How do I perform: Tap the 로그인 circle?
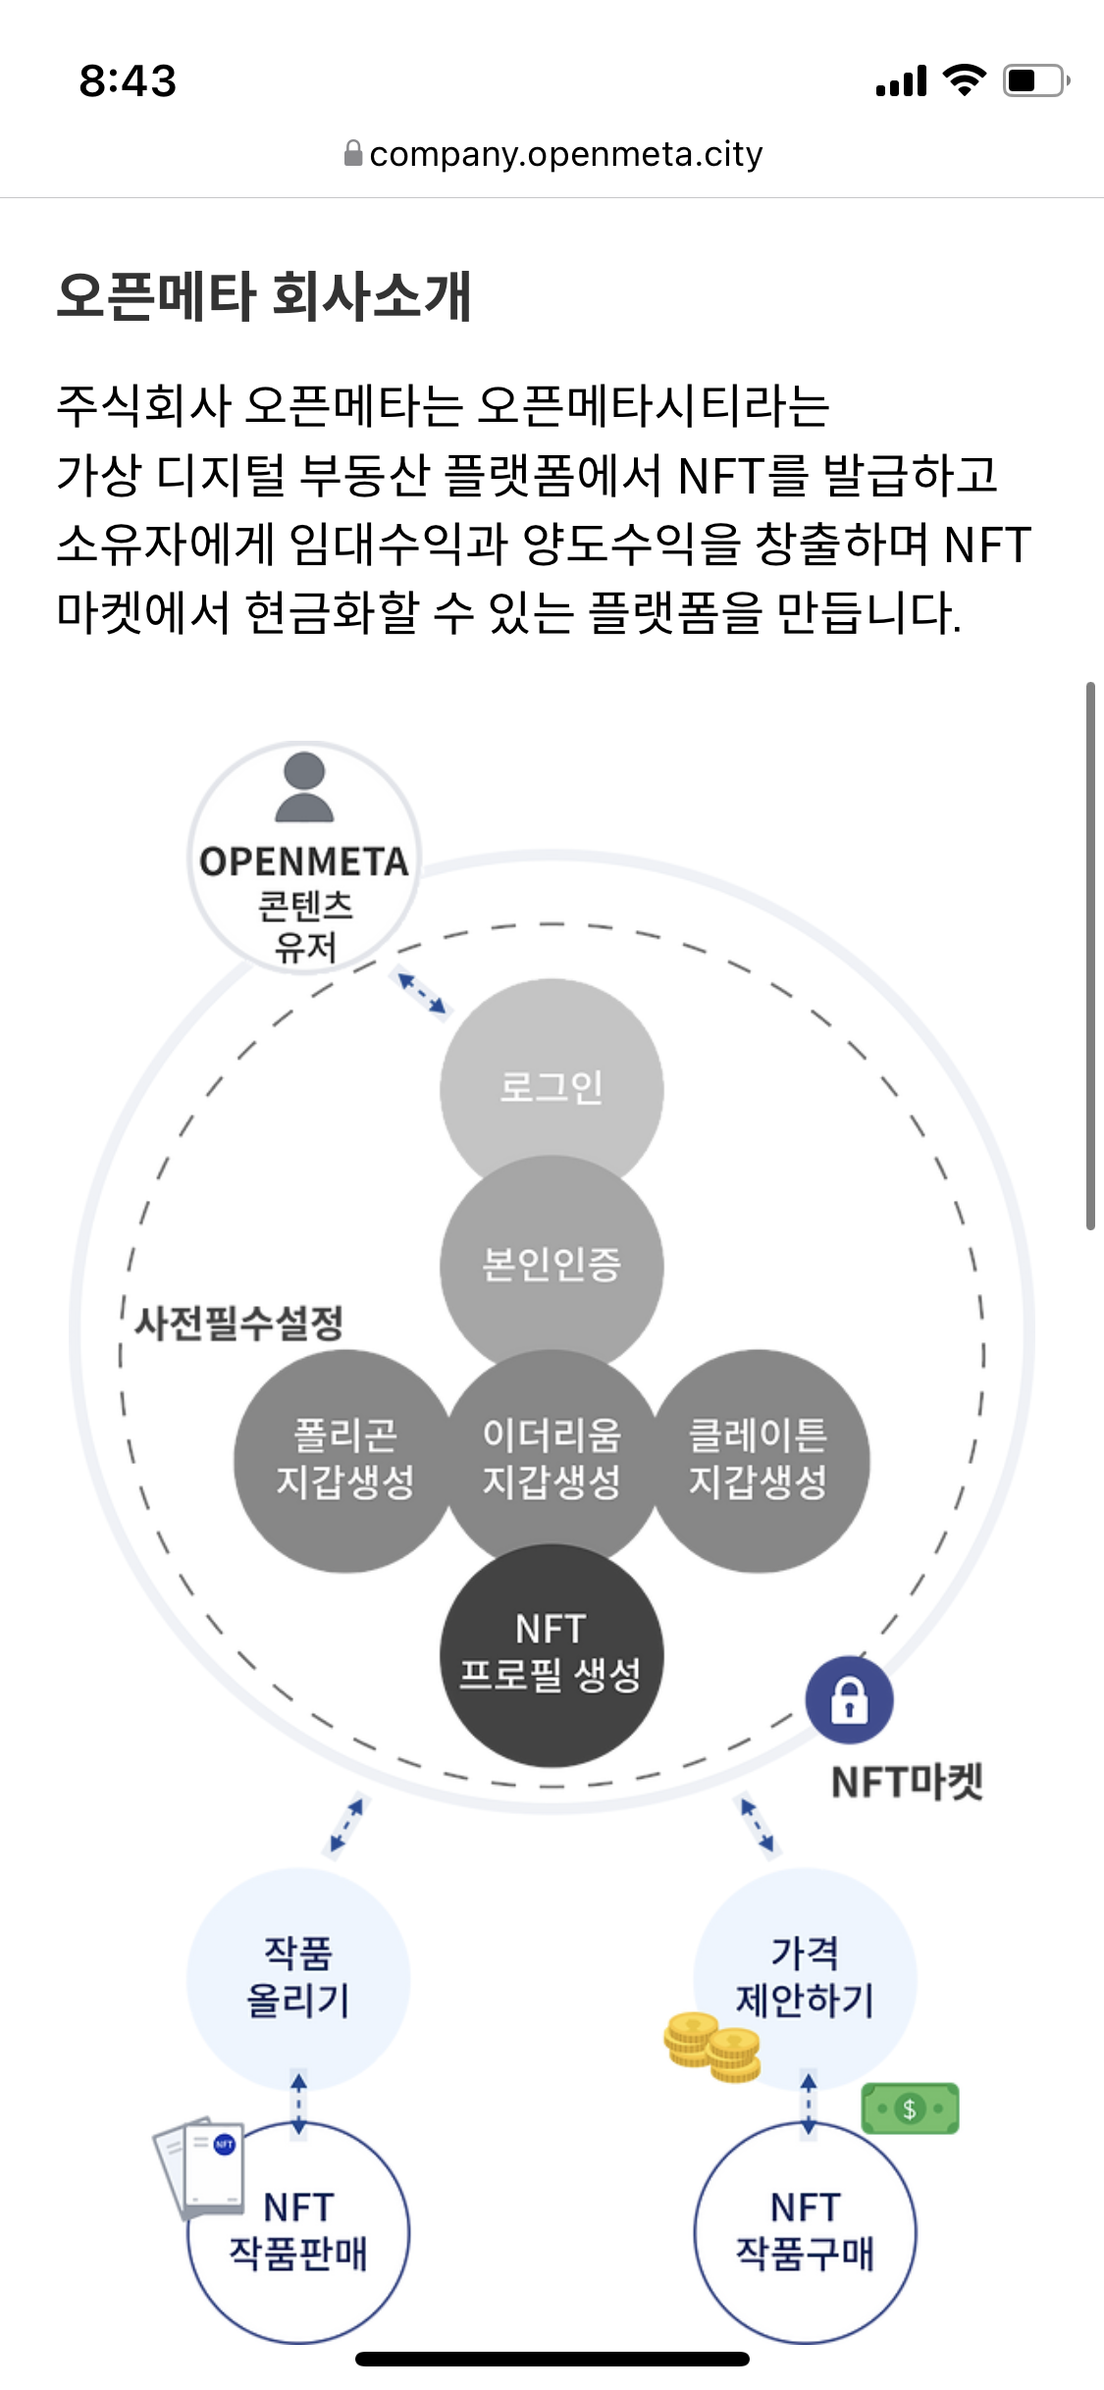coord(552,1079)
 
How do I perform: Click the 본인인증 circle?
coord(552,1264)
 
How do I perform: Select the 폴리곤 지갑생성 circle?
coord(343,1460)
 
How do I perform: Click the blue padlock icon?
coord(849,1700)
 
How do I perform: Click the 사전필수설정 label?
coord(238,1323)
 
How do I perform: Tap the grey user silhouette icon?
coord(304,787)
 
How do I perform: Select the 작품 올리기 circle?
coord(298,1978)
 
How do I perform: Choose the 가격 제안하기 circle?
coord(805,1976)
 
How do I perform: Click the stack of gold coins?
coord(712,2048)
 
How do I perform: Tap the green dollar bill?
coord(910,2108)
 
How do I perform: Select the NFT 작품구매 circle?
coord(805,2232)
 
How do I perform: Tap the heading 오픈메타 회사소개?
coord(264,295)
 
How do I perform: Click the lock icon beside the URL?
coord(353,154)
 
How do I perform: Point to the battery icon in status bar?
coord(1034,80)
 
